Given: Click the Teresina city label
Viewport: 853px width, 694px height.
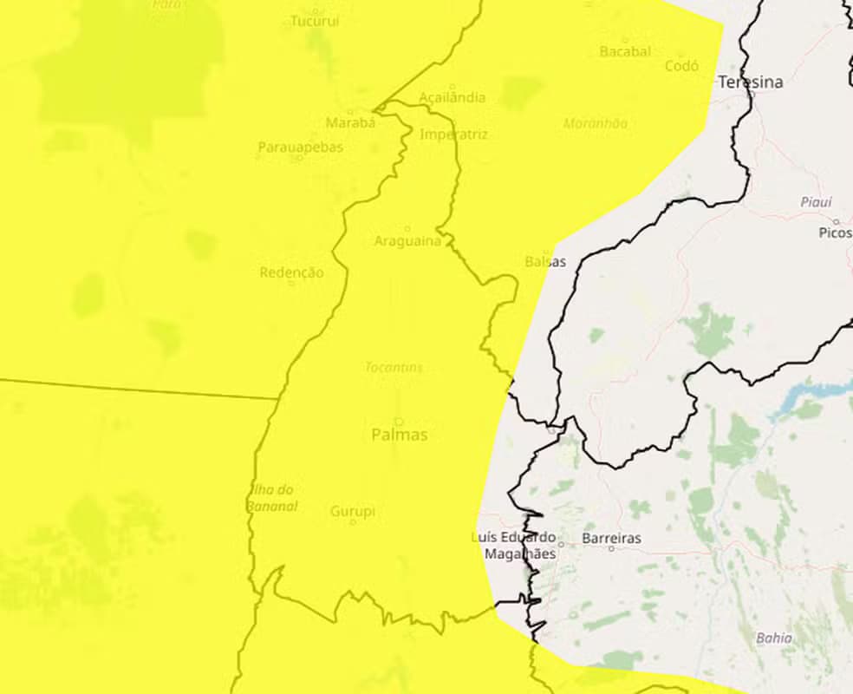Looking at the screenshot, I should point(750,82).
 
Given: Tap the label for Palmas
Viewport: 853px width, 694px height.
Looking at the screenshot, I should point(400,435).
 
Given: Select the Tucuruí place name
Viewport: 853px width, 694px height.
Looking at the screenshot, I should point(315,21).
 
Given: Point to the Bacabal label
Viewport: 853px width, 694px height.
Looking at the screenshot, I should point(625,52).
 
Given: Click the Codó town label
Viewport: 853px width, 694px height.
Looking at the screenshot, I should point(681,66).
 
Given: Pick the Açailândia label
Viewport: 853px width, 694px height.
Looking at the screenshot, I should point(453,97).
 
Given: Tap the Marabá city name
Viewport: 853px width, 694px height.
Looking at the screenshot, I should point(350,122).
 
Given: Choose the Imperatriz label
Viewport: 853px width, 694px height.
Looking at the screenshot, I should point(453,134).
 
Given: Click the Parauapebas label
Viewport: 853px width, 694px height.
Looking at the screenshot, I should point(300,147).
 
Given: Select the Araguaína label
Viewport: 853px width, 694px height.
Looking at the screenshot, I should point(407,240).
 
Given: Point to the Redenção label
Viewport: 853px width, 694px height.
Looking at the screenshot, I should point(291,272).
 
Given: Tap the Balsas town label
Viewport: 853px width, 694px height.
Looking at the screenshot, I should point(545,261).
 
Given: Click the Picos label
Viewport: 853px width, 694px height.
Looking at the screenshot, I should point(835,233).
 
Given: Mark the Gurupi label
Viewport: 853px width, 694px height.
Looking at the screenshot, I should point(353,512).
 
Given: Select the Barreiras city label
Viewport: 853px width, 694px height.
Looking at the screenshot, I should point(611,538).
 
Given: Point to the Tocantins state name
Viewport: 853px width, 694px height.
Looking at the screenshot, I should point(394,367).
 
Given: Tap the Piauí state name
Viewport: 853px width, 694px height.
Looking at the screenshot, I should point(816,202).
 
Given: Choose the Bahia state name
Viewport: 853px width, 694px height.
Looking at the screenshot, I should point(773,638).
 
